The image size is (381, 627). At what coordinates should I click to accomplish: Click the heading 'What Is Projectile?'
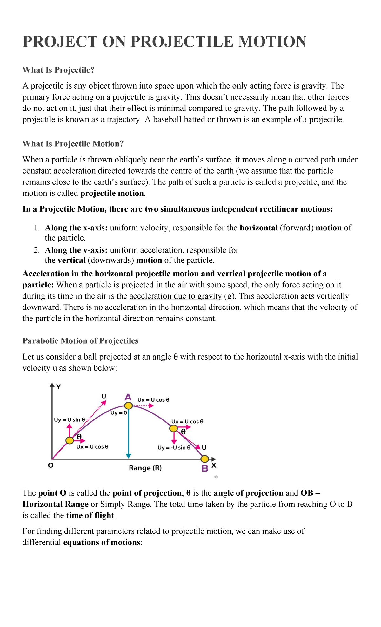[58, 70]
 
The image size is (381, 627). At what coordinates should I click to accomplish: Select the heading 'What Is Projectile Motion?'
[73, 144]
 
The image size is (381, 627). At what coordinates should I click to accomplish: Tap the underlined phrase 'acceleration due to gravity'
[176, 296]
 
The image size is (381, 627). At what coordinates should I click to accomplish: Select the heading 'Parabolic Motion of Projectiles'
[80, 341]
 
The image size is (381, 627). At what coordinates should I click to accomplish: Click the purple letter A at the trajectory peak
[128, 397]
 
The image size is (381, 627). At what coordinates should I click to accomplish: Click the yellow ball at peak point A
[128, 406]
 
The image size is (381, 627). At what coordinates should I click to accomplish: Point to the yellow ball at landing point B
[205, 459]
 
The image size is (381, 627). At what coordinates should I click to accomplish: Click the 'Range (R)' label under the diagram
[145, 468]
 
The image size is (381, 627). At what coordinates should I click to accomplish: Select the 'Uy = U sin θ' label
[70, 420]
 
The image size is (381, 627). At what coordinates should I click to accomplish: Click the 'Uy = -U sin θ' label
[174, 448]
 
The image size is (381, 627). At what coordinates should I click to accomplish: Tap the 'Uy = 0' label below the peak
[118, 413]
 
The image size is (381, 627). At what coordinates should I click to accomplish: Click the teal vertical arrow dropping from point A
[128, 435]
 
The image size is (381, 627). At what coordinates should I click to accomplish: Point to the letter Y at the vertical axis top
[58, 387]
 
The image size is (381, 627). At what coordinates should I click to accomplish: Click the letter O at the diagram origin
[50, 465]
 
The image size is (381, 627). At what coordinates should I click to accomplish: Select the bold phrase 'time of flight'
[90, 515]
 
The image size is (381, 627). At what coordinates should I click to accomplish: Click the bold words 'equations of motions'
[102, 542]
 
